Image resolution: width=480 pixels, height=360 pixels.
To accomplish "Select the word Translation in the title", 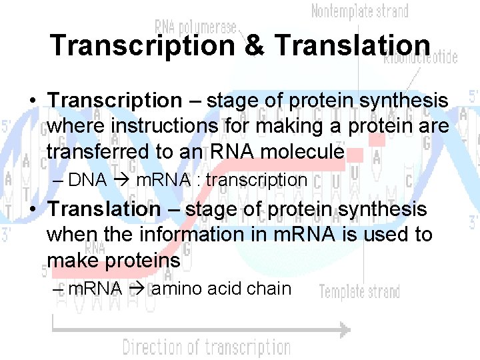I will coord(352,45).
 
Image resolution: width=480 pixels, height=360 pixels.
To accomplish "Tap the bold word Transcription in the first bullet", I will coord(115,101).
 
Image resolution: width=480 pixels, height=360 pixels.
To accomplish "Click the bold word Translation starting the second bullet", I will coord(104,209).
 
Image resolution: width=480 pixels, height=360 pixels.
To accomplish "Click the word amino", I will coord(176,289).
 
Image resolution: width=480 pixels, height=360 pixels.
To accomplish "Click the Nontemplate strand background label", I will coord(361,11).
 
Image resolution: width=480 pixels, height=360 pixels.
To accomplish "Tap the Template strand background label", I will coord(359,292).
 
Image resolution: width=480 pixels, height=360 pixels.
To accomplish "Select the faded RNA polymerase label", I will coord(195,26).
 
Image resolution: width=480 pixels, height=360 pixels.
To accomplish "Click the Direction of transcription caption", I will coord(206,347).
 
